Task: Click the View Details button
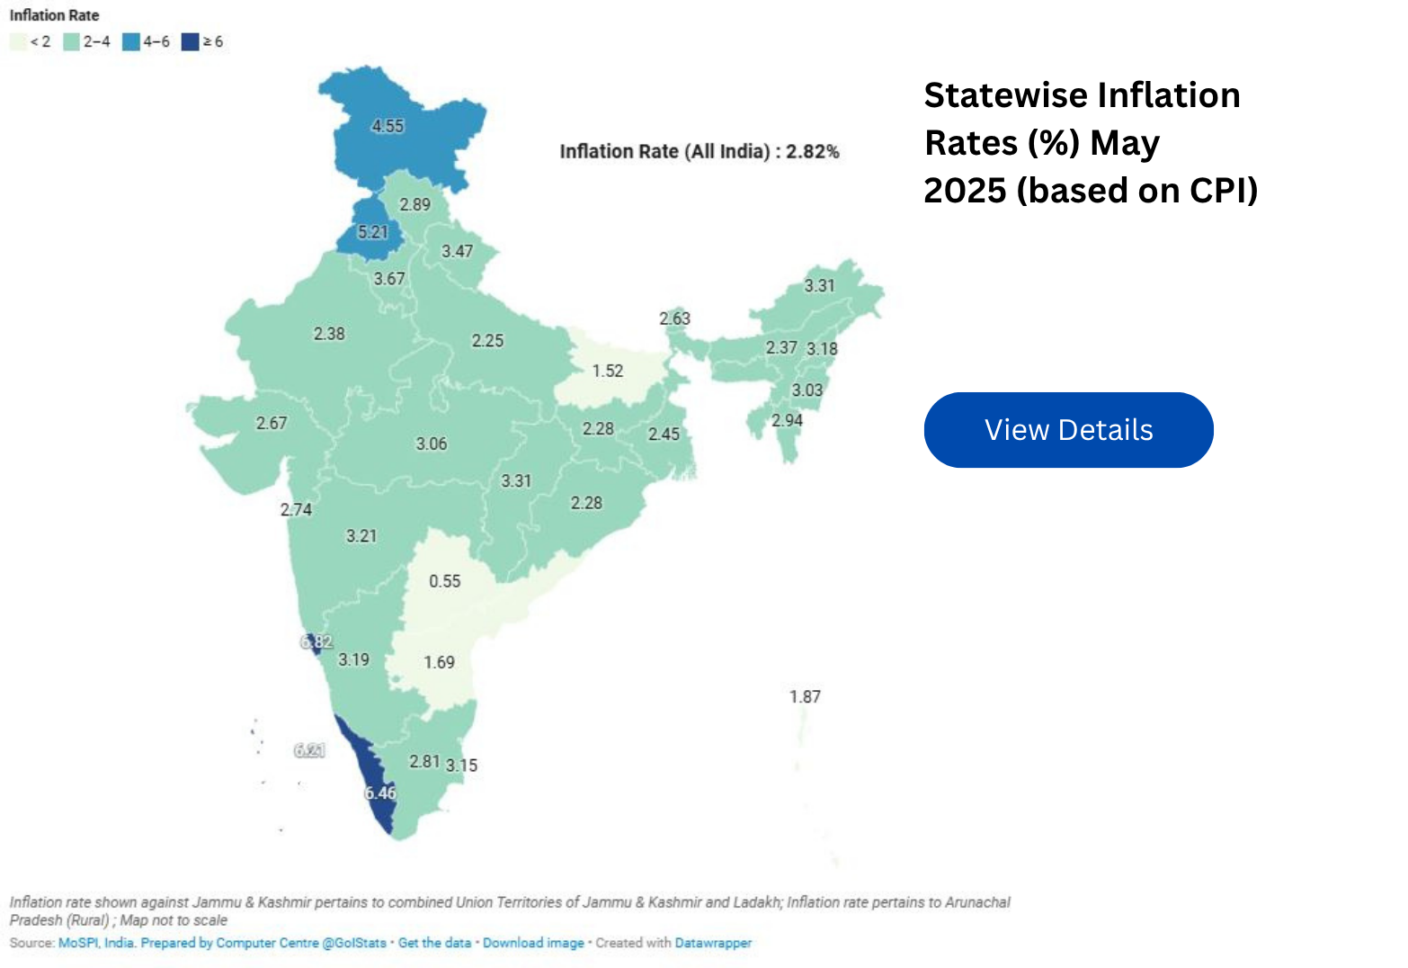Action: coord(1068,430)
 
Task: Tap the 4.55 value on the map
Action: coord(388,126)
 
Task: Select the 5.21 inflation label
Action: coord(372,232)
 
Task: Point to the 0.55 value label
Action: coord(444,581)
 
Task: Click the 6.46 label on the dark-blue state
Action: coord(379,793)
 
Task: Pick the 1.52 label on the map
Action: coord(607,371)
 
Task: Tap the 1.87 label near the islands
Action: coord(805,696)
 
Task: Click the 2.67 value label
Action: coord(272,423)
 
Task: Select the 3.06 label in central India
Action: coord(431,444)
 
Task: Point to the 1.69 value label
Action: coord(439,662)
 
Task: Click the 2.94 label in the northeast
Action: coord(787,420)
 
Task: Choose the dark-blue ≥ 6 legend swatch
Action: coord(190,42)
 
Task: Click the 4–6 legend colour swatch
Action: coord(131,42)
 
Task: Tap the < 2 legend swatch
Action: coord(18,42)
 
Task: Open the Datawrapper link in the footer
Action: coord(713,943)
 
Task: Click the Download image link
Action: coord(533,943)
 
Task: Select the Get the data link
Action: coord(434,943)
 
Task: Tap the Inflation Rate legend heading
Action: coord(54,15)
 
